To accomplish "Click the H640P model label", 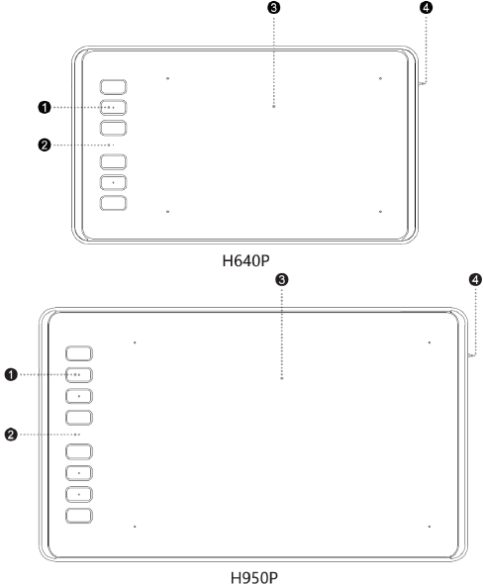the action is click(x=245, y=261).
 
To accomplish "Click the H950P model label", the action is click(x=254, y=578).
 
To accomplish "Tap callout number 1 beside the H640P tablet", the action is click(x=45, y=108).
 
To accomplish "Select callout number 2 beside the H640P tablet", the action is click(x=45, y=145).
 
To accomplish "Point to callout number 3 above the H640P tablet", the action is click(x=274, y=8).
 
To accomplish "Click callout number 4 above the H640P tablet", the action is click(x=426, y=8).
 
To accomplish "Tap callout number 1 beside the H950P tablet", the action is click(x=11, y=374).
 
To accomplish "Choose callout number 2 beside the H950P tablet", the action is click(x=11, y=435).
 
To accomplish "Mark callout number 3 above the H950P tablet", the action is click(x=281, y=280).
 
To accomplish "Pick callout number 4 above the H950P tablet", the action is click(x=475, y=280).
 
